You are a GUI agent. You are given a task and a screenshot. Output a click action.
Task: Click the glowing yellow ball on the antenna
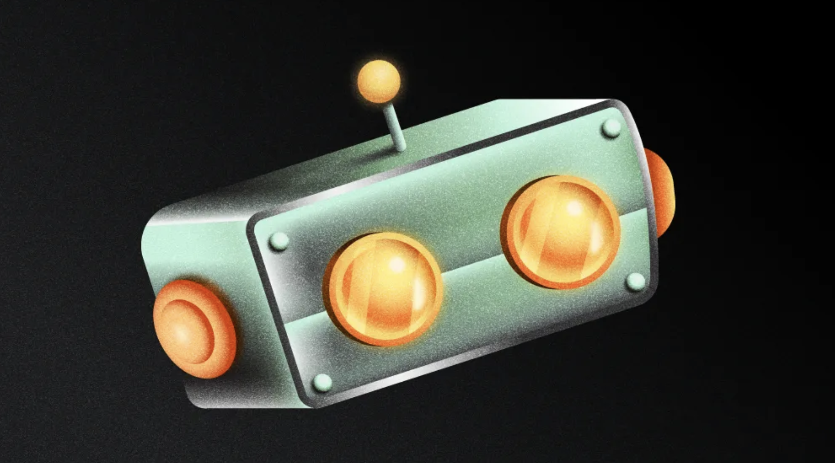(378, 81)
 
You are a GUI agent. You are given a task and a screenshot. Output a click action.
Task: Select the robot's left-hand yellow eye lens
(385, 289)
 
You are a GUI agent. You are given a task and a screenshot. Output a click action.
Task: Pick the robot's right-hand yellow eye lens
(561, 232)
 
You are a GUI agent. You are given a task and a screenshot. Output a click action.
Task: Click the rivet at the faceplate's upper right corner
(611, 128)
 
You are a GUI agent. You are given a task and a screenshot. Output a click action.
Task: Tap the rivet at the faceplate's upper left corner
(279, 241)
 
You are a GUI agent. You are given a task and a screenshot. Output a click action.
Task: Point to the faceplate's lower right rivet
(636, 282)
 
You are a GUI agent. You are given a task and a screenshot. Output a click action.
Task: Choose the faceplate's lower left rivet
(322, 382)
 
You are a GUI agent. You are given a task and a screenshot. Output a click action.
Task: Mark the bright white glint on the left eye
(398, 264)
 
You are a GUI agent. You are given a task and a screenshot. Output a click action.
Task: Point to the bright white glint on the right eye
(574, 208)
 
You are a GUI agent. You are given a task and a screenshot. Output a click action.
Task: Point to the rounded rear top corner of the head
(156, 219)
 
